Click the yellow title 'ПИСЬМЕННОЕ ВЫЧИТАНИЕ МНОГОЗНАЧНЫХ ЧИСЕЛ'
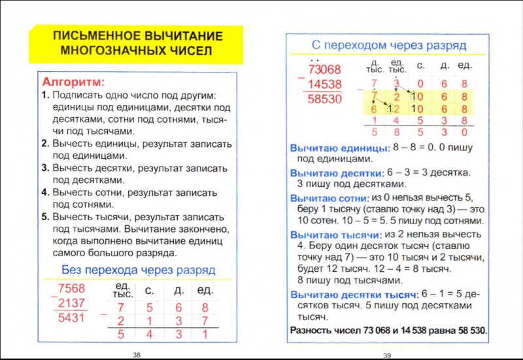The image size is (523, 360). [x=137, y=42]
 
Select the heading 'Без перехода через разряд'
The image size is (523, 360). [x=138, y=269]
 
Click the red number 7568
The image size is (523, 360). [x=71, y=289]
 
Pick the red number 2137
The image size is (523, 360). [x=71, y=303]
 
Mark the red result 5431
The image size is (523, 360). [x=71, y=318]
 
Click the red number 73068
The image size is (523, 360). [x=325, y=70]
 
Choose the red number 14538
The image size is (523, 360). [x=325, y=84]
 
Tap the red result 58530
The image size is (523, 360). [x=325, y=99]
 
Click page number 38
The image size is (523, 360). [x=137, y=355]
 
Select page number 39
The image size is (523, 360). [x=386, y=355]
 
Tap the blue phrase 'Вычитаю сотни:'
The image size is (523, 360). [x=329, y=198]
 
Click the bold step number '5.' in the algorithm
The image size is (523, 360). [x=45, y=217]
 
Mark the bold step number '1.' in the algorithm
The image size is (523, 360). [x=45, y=95]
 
